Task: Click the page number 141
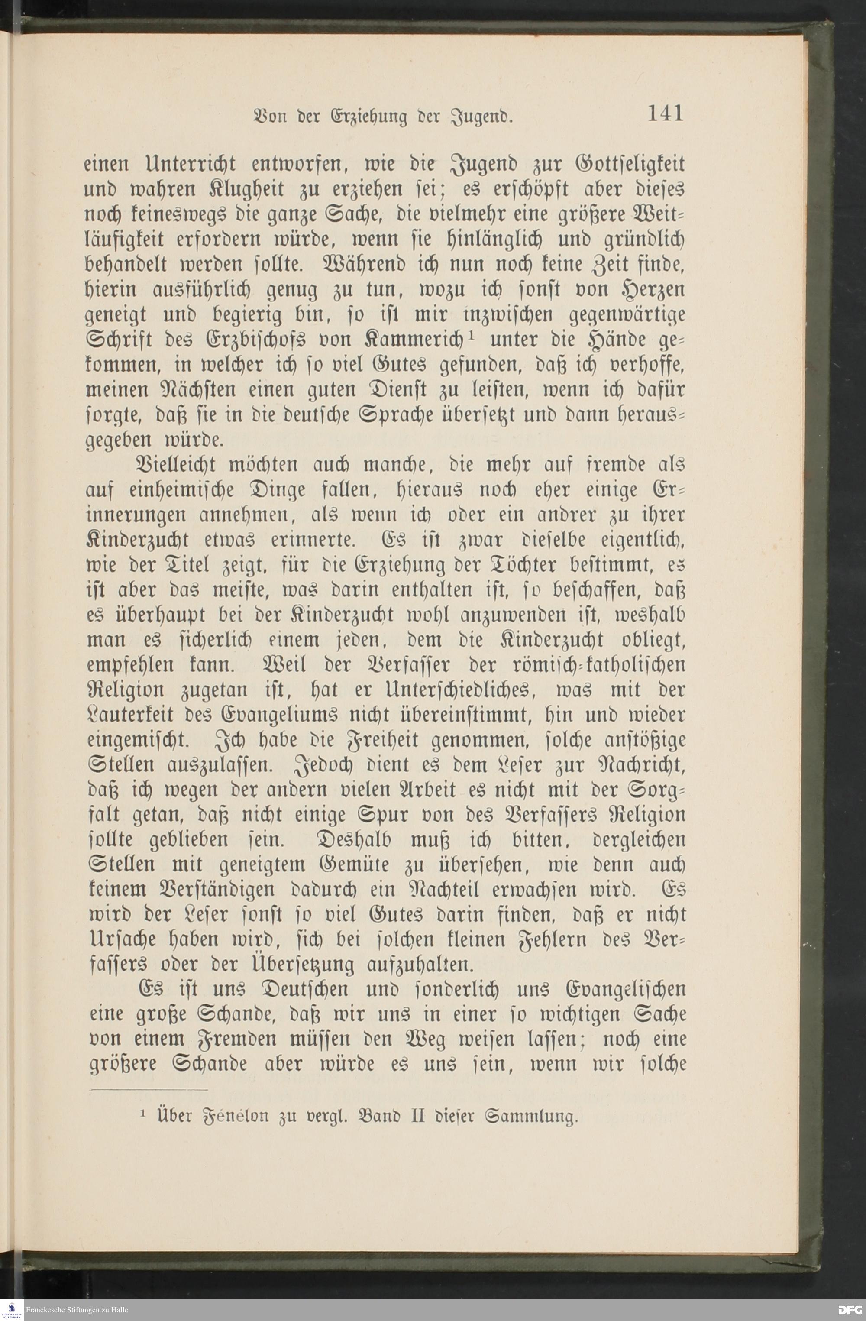665,114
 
